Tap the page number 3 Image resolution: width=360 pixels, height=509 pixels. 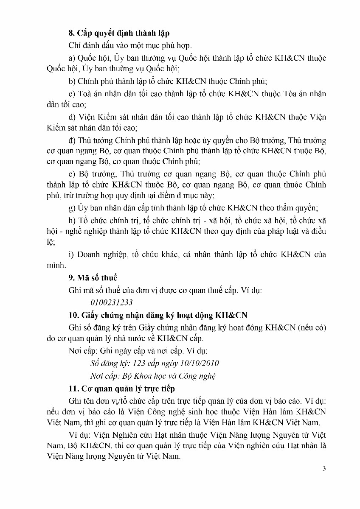(x=324, y=469)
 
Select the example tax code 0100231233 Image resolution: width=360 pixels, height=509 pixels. (x=112, y=302)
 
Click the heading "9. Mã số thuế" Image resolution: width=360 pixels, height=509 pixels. (x=93, y=278)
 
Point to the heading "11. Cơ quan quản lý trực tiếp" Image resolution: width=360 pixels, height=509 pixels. (x=121, y=389)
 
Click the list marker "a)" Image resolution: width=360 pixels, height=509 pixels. (x=72, y=58)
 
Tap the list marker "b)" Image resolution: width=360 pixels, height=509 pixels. (x=72, y=82)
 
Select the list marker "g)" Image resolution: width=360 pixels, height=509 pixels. (x=72, y=208)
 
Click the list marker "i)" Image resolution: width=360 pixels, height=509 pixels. (x=71, y=255)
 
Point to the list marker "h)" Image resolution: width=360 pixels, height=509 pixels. (x=72, y=220)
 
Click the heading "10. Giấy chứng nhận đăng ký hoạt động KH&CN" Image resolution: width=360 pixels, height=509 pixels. (x=158, y=315)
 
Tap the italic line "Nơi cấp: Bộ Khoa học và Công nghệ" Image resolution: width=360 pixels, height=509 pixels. (x=153, y=376)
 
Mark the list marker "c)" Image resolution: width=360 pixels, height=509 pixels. (x=72, y=94)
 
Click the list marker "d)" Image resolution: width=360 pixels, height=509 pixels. (x=72, y=117)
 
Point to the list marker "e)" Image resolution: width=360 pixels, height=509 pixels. (x=72, y=174)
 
